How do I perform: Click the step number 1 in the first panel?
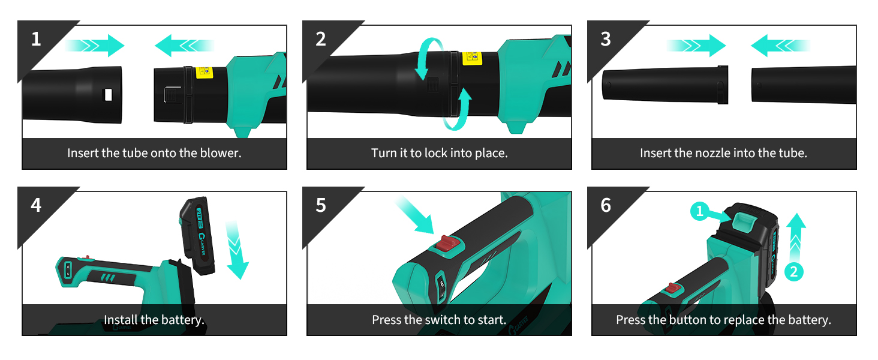[x=35, y=39]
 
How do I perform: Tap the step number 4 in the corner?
[x=36, y=205]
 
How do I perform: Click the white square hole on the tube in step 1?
[x=108, y=95]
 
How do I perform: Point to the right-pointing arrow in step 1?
[x=95, y=46]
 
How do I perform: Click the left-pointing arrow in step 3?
[x=780, y=46]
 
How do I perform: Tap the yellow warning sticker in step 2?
[x=473, y=58]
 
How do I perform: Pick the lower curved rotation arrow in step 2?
[x=457, y=109]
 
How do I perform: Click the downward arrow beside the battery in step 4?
[x=237, y=250]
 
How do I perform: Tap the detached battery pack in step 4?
[x=198, y=236]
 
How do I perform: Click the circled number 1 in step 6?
[x=700, y=211]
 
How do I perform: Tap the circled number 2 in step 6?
[x=793, y=272]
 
